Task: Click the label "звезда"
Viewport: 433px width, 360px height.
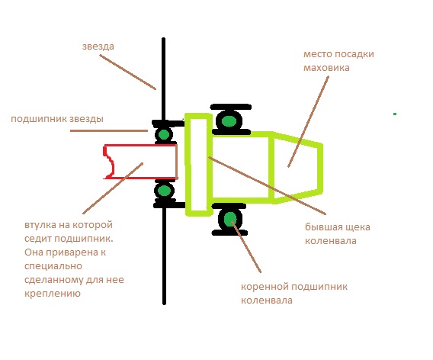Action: tap(98, 47)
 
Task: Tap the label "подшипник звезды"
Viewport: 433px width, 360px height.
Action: tap(57, 119)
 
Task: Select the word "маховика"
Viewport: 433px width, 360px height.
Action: tap(326, 68)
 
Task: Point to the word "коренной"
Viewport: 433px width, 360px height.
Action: tap(265, 287)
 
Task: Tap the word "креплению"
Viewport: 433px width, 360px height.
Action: tap(53, 293)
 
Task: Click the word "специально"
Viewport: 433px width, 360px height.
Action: tap(53, 266)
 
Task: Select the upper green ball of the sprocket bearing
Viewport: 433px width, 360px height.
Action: tap(164, 134)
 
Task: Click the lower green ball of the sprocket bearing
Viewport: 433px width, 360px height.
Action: tap(165, 191)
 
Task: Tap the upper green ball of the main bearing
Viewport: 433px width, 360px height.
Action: tap(229, 121)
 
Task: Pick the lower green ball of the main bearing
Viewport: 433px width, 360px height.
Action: tap(230, 218)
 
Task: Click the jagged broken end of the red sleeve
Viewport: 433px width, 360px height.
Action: tap(108, 162)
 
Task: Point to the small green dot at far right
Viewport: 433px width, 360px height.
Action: tap(395, 114)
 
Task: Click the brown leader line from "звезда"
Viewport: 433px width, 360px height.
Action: tap(127, 72)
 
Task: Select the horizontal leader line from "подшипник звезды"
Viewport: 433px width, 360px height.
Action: tap(109, 130)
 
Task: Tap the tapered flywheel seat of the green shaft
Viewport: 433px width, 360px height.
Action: tap(298, 168)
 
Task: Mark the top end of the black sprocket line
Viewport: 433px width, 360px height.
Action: tap(163, 39)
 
